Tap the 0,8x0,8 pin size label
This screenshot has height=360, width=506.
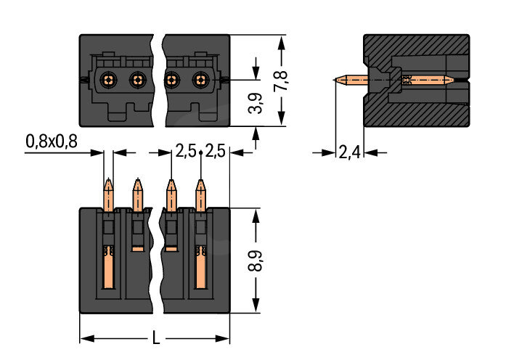[x=52, y=142]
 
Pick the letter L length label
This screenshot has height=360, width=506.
[x=155, y=337]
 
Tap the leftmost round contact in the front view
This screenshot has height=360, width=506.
[x=108, y=80]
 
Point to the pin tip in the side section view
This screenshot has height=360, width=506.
[x=337, y=80]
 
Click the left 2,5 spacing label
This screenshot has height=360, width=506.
[x=186, y=152]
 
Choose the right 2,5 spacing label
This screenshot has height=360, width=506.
[x=215, y=152]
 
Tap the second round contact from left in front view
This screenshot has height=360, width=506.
[x=137, y=80]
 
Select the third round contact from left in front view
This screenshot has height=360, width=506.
[x=172, y=80]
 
